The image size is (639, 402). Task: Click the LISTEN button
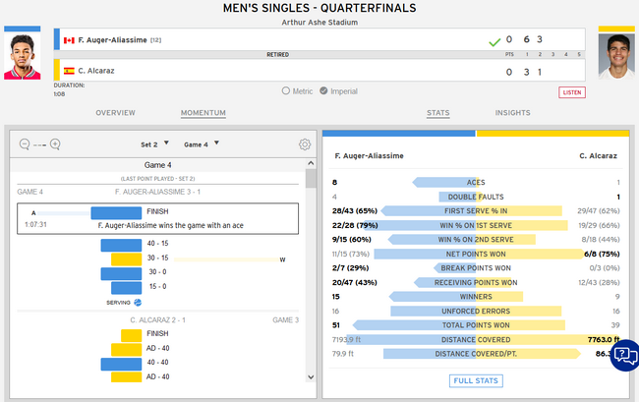tap(572, 91)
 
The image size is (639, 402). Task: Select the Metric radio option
tap(285, 90)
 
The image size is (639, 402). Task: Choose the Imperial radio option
tap(323, 90)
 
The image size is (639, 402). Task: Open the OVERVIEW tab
tap(115, 113)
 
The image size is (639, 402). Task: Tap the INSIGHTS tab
tap(512, 113)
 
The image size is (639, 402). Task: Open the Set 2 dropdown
tap(154, 144)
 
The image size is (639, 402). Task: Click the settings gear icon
tap(305, 144)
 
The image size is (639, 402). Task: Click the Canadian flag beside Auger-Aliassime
tap(69, 40)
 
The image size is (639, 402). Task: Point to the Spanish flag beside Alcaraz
tap(69, 71)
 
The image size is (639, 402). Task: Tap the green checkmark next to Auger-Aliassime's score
tap(494, 41)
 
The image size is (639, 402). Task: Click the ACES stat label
tap(477, 182)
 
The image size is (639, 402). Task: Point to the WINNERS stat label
tap(477, 296)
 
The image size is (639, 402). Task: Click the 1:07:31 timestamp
tap(35, 224)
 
